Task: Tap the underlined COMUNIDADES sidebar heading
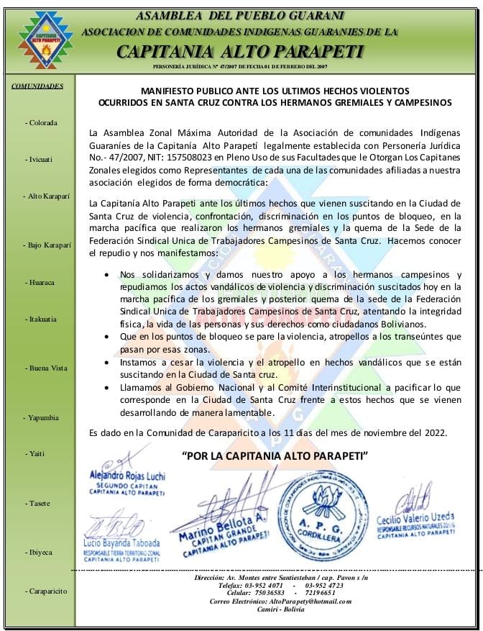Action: click(37, 86)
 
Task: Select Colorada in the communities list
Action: click(41, 123)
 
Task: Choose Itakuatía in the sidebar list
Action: click(41, 319)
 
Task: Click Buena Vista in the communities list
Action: click(46, 368)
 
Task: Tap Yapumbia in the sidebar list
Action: click(43, 418)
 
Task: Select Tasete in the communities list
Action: click(38, 503)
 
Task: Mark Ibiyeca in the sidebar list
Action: click(40, 553)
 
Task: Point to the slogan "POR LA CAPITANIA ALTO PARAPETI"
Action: click(275, 456)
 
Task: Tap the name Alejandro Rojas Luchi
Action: click(126, 476)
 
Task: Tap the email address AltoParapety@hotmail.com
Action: click(310, 601)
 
